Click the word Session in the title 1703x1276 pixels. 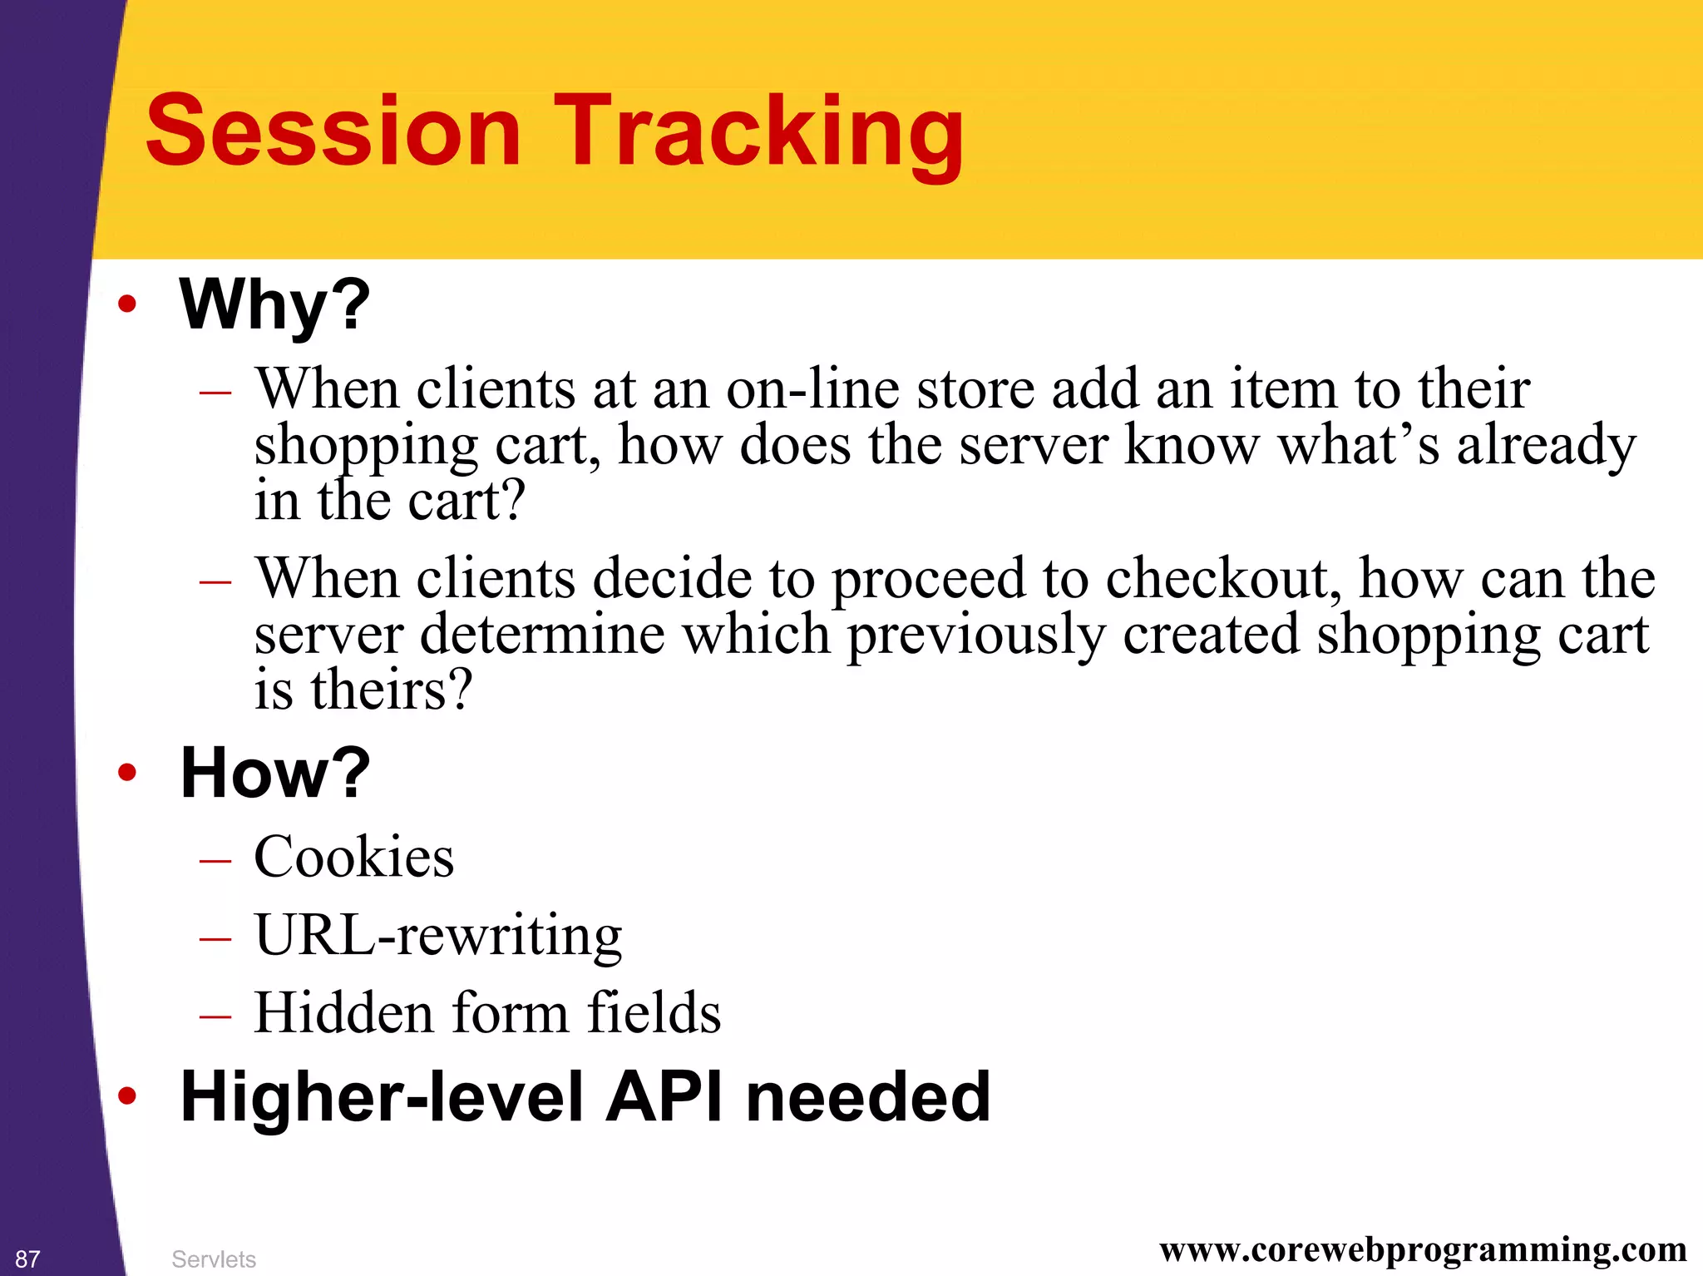point(333,131)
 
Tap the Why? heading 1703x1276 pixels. point(274,304)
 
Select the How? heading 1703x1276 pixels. point(274,774)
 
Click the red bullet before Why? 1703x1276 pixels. point(126,304)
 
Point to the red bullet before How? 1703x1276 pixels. point(126,774)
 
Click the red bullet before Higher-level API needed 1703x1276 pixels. point(126,1097)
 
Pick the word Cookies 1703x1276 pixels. point(353,857)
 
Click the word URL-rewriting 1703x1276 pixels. point(437,935)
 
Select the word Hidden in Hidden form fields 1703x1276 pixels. point(343,1013)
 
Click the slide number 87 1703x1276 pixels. point(27,1259)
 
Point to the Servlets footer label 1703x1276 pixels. point(213,1259)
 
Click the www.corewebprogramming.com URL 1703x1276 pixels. point(1422,1250)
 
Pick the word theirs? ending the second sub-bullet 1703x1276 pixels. point(391,690)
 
